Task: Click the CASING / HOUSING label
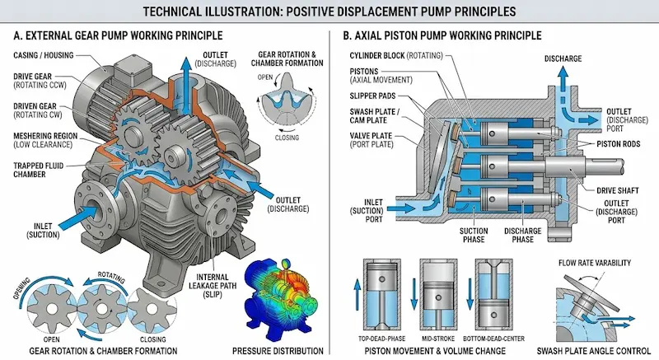point(47,54)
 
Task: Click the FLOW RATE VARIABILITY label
point(595,263)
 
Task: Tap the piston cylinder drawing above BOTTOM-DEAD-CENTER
point(502,296)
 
